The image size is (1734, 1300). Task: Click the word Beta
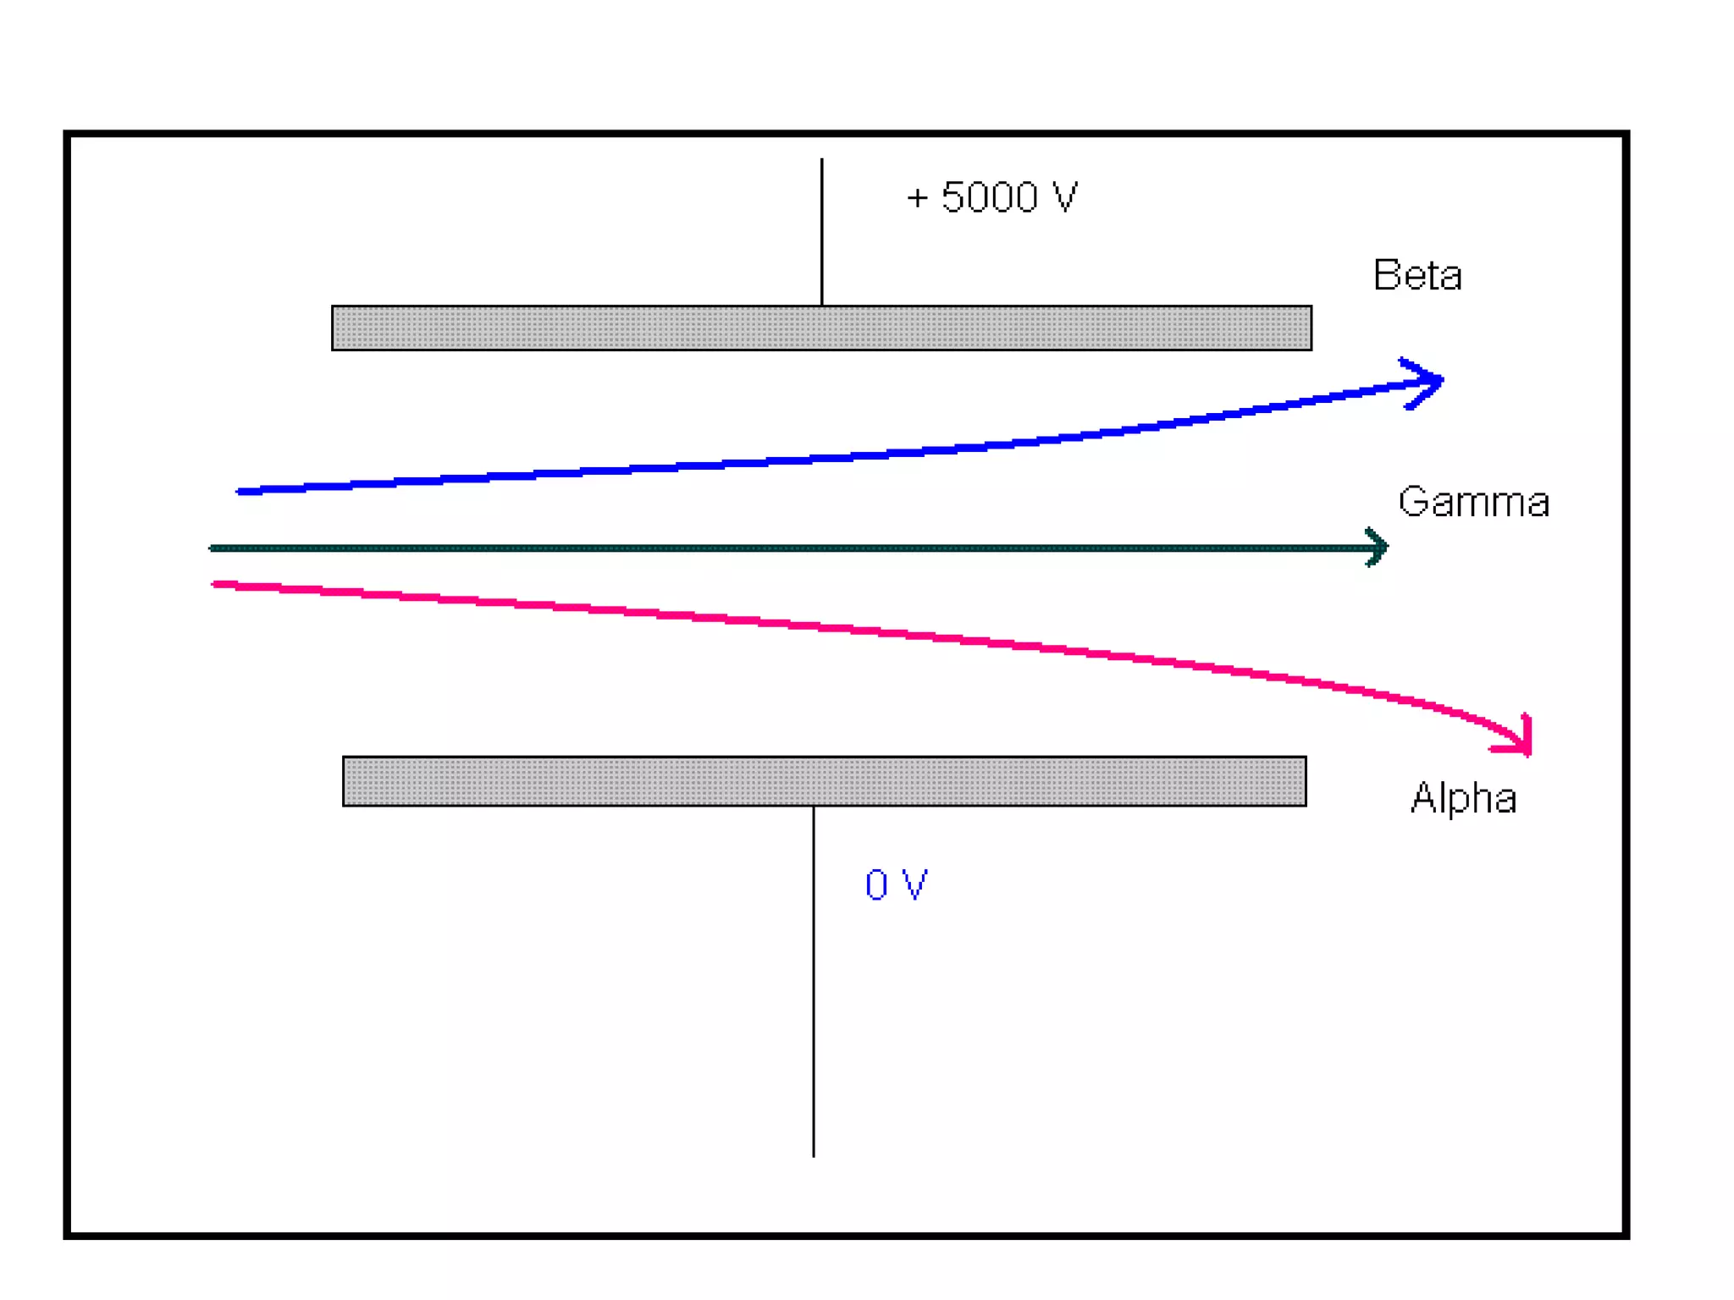point(1417,276)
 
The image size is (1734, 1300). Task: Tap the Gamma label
point(1473,502)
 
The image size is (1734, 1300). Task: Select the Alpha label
point(1463,798)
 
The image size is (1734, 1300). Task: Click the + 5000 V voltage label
point(992,197)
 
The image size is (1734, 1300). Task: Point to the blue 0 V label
point(896,885)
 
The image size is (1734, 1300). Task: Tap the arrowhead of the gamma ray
point(1378,548)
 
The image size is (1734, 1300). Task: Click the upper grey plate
point(821,328)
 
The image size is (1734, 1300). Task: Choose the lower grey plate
point(824,781)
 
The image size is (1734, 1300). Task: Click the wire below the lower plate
point(814,982)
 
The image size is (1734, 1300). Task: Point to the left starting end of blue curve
point(240,491)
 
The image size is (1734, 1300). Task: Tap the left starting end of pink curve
point(216,583)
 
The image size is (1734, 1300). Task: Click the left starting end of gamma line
point(213,548)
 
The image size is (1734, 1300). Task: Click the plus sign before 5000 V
point(918,199)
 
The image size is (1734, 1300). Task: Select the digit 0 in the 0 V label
point(876,885)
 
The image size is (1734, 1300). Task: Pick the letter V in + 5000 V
point(1063,197)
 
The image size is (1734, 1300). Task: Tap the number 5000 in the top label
point(990,197)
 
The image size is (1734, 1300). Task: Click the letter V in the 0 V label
point(914,884)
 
